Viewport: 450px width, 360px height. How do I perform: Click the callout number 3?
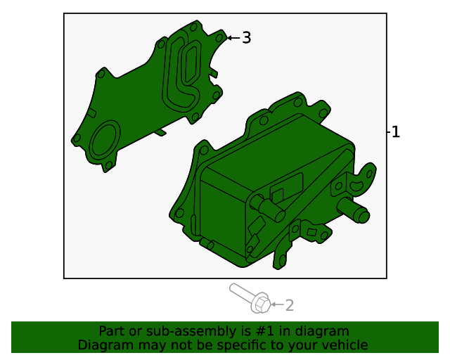coord(246,38)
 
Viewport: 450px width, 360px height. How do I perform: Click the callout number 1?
coord(396,131)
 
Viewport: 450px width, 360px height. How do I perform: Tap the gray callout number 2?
coord(289,305)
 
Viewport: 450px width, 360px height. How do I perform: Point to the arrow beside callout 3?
coord(233,38)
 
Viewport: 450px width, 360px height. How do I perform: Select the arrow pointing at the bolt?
coord(276,305)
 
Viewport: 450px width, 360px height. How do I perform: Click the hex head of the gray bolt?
coord(260,304)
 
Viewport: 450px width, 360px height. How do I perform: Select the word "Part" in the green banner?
coord(112,331)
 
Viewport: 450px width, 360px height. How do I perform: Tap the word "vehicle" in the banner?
coord(343,345)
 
